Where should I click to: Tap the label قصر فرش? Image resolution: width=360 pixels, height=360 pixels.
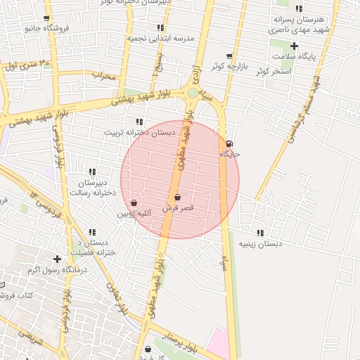pyautogui.click(x=178, y=209)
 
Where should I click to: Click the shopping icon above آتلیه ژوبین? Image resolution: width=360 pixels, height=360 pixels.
pyautogui.click(x=134, y=202)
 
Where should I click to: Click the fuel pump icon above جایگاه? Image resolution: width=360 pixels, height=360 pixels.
pyautogui.click(x=230, y=144)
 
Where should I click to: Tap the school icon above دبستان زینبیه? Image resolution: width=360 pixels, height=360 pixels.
pyautogui.click(x=261, y=233)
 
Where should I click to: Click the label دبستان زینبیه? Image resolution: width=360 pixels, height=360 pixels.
pyautogui.click(x=261, y=243)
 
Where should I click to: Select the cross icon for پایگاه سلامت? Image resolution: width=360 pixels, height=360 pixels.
pyautogui.click(x=295, y=46)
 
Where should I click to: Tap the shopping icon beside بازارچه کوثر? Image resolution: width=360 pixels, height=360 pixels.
pyautogui.click(x=229, y=56)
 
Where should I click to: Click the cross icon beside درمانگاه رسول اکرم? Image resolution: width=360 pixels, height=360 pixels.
pyautogui.click(x=58, y=259)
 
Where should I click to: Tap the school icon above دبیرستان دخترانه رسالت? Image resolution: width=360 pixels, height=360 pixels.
pyautogui.click(x=92, y=172)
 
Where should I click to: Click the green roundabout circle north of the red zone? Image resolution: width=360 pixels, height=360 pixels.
pyautogui.click(x=193, y=93)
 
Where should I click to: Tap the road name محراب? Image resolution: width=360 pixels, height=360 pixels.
pyautogui.click(x=103, y=76)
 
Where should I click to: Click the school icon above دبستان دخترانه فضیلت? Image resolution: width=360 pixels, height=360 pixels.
pyautogui.click(x=92, y=232)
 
